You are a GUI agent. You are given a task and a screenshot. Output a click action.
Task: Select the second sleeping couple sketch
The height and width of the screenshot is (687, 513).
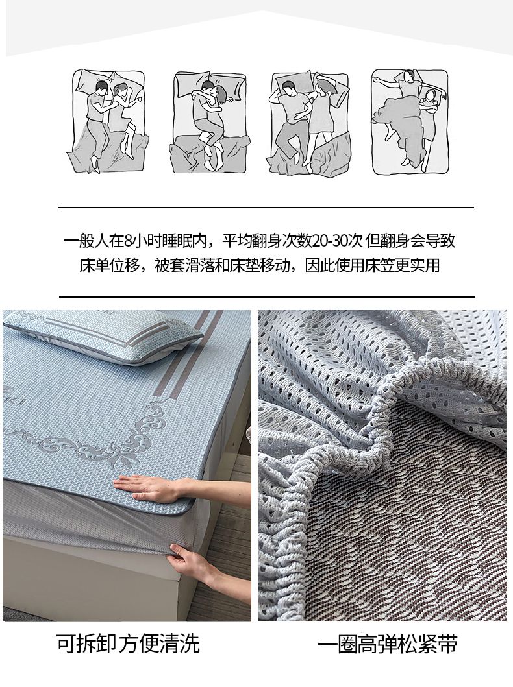(x=209, y=121)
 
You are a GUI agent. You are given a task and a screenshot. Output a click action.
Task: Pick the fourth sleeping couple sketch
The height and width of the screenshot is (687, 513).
(x=410, y=121)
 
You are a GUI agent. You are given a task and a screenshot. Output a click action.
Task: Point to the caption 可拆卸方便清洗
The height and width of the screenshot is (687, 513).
(x=128, y=644)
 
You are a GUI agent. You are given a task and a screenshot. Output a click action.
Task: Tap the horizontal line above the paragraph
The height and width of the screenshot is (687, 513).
(x=266, y=207)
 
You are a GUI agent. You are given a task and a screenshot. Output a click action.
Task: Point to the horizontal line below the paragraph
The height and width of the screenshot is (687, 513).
(x=267, y=296)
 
